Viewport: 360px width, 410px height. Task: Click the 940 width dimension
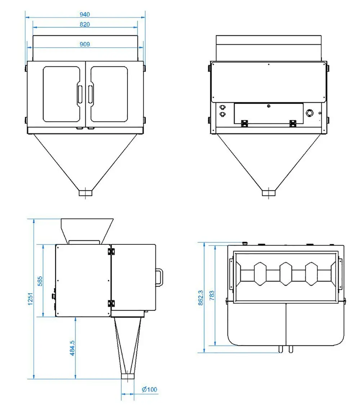tap(85, 14)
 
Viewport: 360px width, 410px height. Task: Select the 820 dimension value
tap(85, 24)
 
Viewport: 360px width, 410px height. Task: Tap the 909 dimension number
tap(85, 44)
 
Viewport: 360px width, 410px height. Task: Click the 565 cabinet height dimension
tap(40, 281)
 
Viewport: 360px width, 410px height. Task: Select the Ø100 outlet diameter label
tap(149, 389)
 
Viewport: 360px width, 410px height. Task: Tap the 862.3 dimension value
tap(201, 297)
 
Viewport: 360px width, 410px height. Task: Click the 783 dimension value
tap(212, 296)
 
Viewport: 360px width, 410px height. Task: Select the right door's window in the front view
tap(109, 94)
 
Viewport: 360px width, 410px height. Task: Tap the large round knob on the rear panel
tap(309, 113)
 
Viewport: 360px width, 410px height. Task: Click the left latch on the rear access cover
tap(244, 123)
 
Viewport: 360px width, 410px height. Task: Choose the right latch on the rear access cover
tap(293, 123)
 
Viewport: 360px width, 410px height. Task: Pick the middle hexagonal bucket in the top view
tap(285, 274)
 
